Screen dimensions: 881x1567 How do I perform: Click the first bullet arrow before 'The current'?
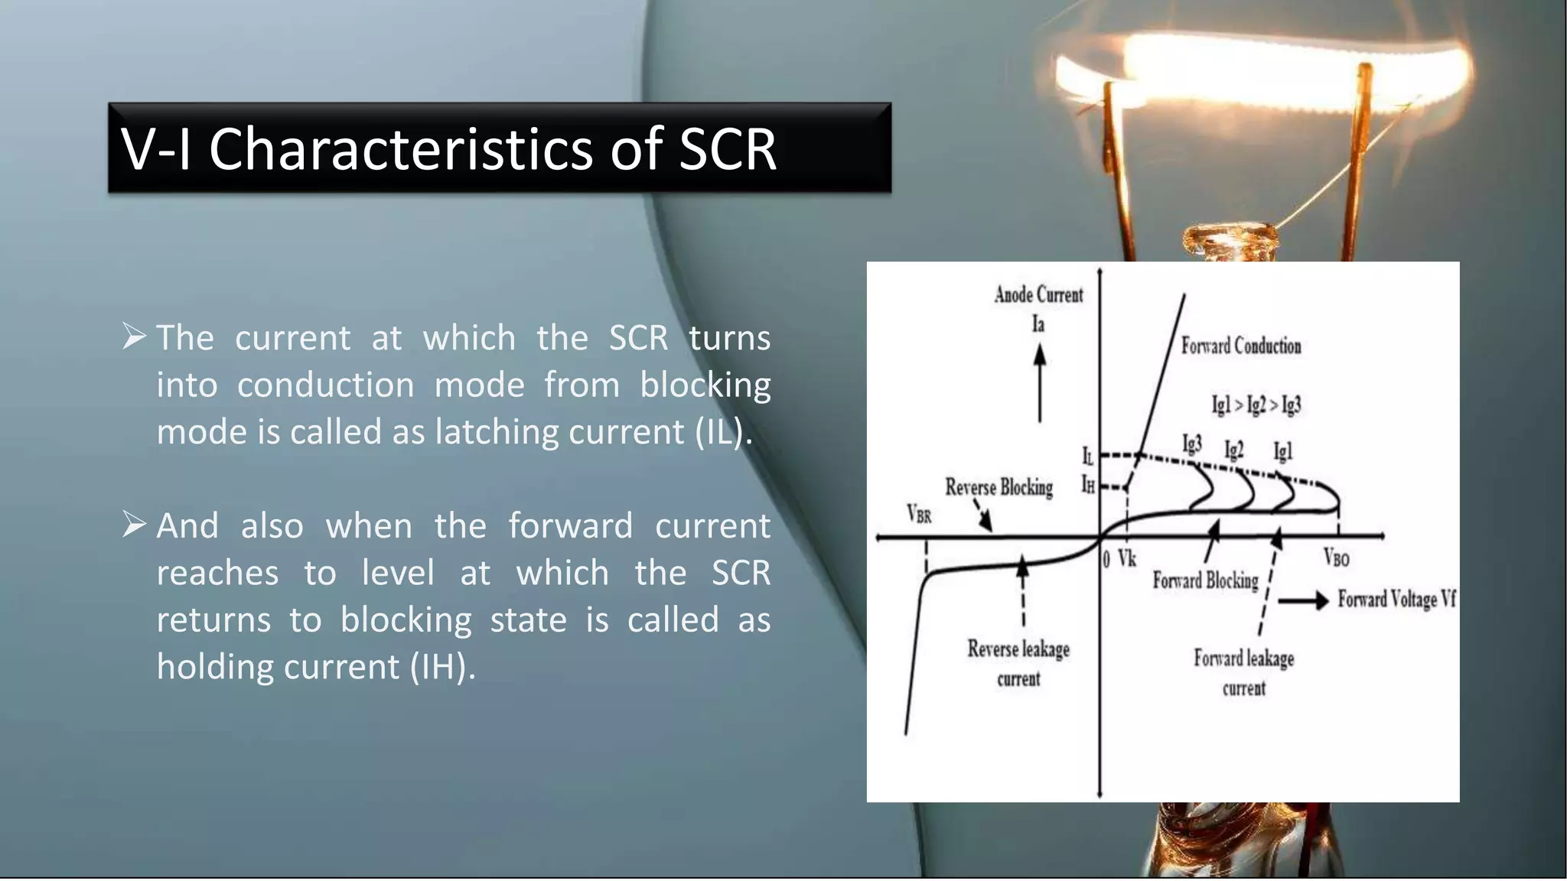point(134,336)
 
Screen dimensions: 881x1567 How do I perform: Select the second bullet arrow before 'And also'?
point(134,525)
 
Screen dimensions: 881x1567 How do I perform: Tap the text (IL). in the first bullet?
point(723,432)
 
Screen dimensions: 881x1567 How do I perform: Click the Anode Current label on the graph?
point(1038,295)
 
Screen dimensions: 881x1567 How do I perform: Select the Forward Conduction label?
point(1240,346)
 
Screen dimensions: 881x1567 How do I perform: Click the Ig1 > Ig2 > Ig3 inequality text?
point(1256,405)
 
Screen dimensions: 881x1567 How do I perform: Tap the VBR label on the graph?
point(919,513)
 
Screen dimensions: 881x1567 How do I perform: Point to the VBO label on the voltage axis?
point(1336,558)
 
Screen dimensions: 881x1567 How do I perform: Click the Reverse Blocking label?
point(999,487)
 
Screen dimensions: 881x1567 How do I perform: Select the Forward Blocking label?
point(1205,581)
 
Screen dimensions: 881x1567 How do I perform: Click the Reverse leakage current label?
point(1018,663)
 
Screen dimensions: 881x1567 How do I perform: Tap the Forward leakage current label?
point(1243,672)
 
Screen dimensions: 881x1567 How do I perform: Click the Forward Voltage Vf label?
point(1396,599)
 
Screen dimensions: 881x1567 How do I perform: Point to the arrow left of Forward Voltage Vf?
point(1303,601)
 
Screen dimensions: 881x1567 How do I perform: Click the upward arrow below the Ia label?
point(1039,382)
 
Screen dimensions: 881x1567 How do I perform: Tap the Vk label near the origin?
point(1127,559)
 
